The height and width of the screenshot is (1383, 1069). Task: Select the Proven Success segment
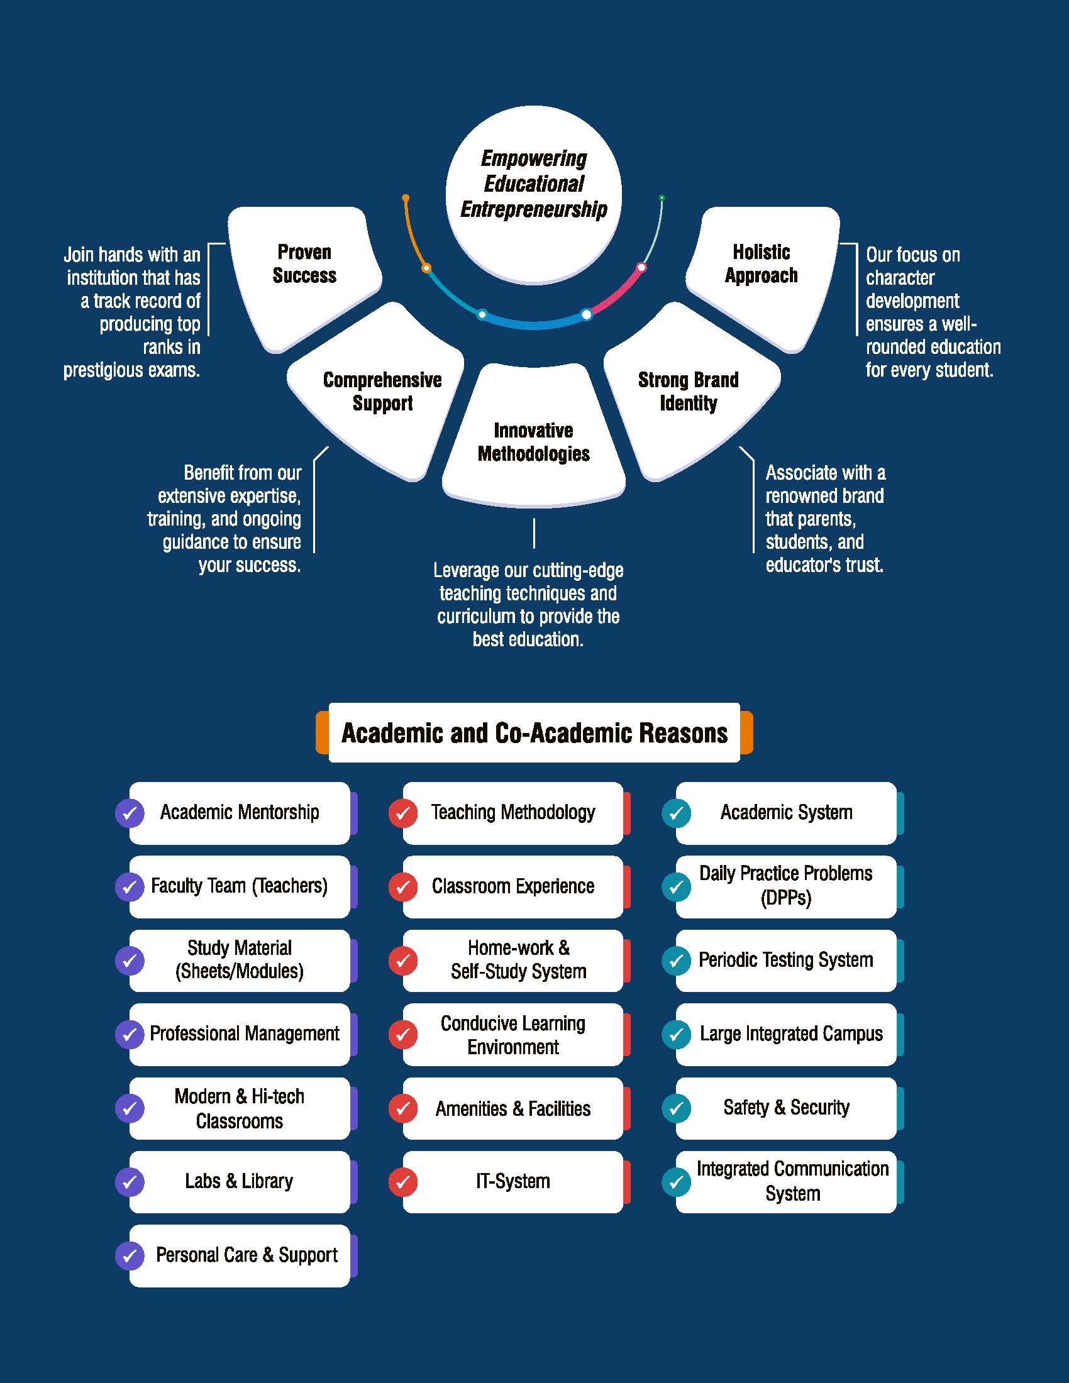coord(304,272)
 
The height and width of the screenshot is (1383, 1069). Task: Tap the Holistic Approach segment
coord(762,272)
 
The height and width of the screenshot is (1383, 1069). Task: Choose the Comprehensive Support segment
coord(382,399)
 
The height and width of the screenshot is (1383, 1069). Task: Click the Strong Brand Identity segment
coord(689,399)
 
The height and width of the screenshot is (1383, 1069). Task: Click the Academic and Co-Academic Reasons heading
coord(534,732)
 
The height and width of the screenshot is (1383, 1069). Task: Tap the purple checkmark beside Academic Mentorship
coord(130,813)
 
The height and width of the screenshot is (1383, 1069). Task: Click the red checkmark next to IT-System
coord(403,1182)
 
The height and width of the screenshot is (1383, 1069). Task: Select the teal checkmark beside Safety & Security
coord(677,1108)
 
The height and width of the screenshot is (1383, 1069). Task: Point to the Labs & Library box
coord(240,1182)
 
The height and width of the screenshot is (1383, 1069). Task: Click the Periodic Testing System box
coord(786,960)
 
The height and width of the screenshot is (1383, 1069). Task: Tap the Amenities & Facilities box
coord(513,1108)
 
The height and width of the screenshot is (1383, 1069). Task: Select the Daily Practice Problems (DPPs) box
coord(786,886)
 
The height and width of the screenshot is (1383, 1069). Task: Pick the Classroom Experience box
coord(513,886)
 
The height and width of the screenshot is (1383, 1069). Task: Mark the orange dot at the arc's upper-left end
coord(406,198)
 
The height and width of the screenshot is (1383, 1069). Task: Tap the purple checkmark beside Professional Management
coord(130,1034)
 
